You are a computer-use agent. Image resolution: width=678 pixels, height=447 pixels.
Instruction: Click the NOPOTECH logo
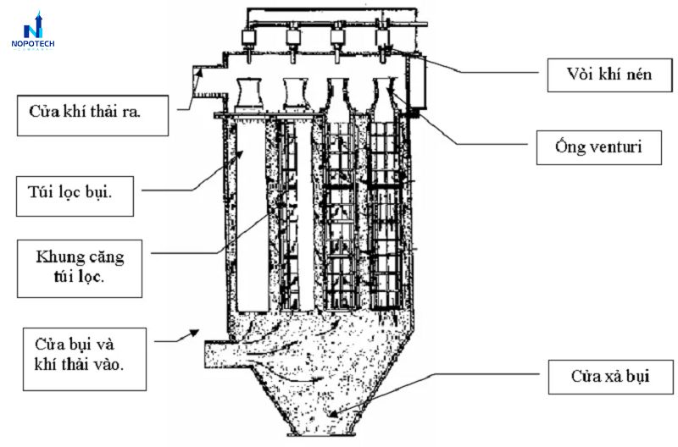point(33,30)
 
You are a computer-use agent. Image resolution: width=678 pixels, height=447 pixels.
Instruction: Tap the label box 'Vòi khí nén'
point(609,75)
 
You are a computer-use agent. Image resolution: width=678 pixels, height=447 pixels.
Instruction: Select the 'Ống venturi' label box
point(599,147)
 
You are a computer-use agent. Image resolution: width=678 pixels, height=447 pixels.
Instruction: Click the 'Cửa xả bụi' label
point(610,377)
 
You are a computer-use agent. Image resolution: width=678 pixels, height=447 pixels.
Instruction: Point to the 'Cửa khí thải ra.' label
point(92,115)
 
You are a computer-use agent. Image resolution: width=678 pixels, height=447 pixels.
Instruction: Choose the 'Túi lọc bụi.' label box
point(75,196)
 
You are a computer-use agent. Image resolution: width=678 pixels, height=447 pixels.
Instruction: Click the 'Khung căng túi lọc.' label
point(80,268)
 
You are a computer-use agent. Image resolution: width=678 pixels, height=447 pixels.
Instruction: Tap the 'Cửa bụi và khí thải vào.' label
point(84,359)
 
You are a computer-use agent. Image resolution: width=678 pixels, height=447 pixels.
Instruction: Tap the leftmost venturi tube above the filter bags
point(249,95)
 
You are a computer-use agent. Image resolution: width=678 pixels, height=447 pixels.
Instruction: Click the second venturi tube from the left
point(296,94)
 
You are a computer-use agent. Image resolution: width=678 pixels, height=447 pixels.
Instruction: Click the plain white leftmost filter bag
point(253,217)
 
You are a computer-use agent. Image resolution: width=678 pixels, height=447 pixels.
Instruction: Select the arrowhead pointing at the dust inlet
point(194,333)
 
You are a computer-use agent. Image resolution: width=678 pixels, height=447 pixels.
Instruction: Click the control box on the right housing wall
point(417,83)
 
